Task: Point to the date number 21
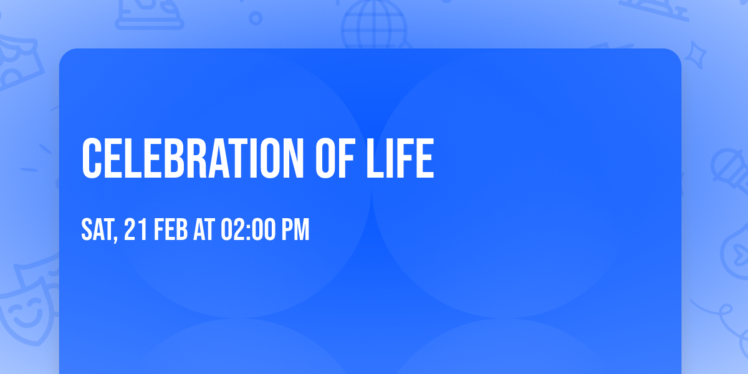pos(134,230)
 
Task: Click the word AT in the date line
pos(204,230)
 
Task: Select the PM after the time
pos(294,230)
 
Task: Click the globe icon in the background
pos(373,25)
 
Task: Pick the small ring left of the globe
pos(256,18)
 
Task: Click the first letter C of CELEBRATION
pos(92,159)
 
